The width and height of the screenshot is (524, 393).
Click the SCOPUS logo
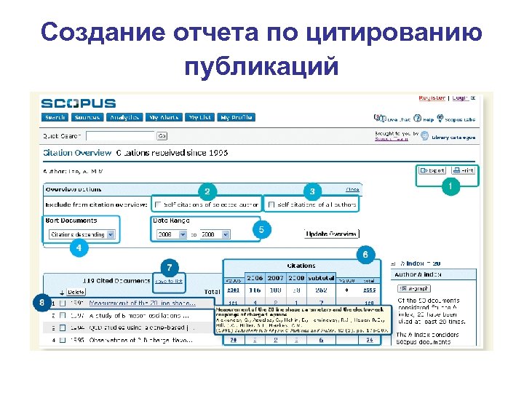pos(78,103)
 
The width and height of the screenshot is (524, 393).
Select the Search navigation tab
pos(55,117)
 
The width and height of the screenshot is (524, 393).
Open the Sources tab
pos(87,117)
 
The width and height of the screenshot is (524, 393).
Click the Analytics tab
pos(124,117)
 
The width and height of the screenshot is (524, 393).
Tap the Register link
pos(432,98)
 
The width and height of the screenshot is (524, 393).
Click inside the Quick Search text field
pos(120,135)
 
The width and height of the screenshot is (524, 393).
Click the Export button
pos(432,170)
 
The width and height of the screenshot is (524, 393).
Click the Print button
pos(463,170)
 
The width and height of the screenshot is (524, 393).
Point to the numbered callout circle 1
pos(451,187)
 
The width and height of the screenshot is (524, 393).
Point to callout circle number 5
pos(261,230)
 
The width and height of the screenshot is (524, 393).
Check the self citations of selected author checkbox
pos(157,205)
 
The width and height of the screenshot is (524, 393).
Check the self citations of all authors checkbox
pos(271,205)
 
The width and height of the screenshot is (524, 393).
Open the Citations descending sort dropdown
pos(82,234)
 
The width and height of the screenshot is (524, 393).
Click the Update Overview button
pos(331,234)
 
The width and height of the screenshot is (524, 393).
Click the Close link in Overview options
pos(352,190)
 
